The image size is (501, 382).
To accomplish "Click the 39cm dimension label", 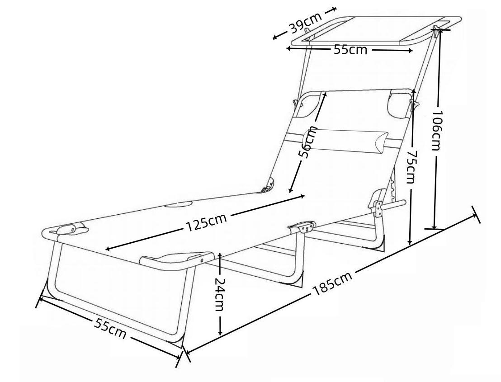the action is click(x=306, y=24).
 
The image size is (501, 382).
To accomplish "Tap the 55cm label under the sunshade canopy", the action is click(x=350, y=50).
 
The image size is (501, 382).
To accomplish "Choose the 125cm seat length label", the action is click(x=206, y=222).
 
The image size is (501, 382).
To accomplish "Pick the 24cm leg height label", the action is click(x=220, y=294).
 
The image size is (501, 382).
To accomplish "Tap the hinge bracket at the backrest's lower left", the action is click(x=268, y=186).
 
